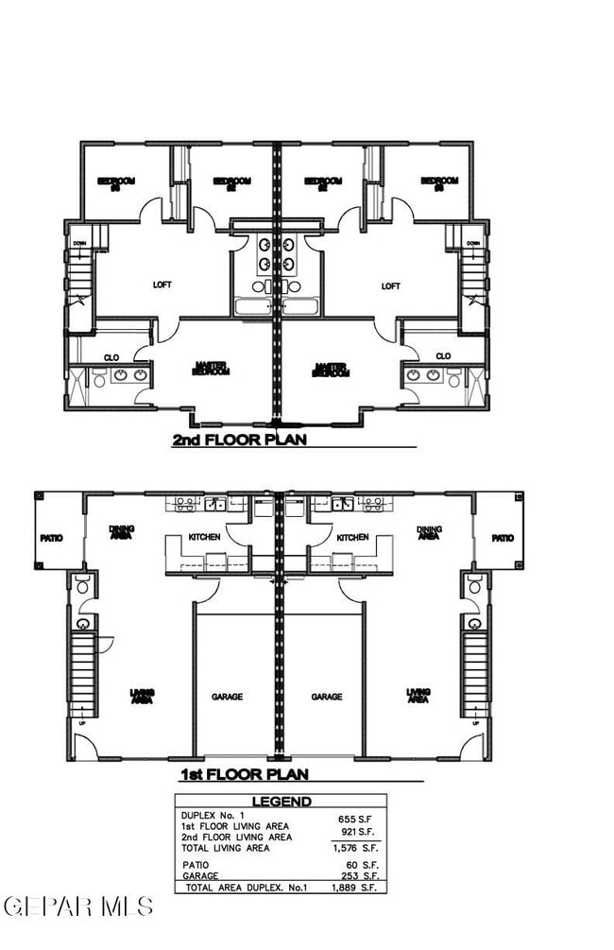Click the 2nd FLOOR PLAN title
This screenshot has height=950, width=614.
tap(239, 440)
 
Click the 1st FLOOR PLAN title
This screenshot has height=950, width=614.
tap(245, 775)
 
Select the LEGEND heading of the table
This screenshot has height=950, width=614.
tap(281, 803)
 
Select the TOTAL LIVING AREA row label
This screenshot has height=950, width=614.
tap(226, 848)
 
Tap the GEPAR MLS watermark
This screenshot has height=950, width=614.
tap(77, 907)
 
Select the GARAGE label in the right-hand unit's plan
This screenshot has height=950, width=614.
tap(327, 697)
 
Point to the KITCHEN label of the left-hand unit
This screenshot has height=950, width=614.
tap(204, 537)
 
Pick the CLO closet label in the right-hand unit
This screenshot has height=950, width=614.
tap(443, 356)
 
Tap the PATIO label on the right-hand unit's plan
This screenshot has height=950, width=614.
tap(503, 538)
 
